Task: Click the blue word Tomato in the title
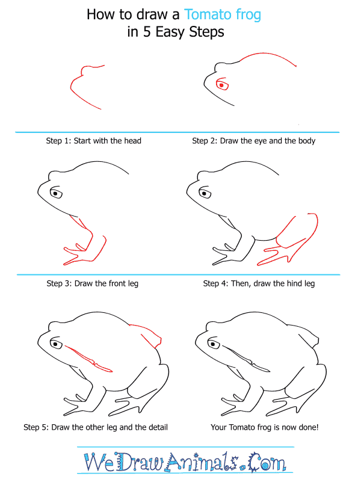click(x=208, y=14)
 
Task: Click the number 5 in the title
click(x=147, y=32)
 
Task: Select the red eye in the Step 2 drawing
click(x=222, y=84)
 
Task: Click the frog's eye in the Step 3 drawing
click(x=56, y=193)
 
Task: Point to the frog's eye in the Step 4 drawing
click(x=205, y=193)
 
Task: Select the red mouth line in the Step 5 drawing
click(x=88, y=359)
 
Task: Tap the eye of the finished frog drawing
click(x=214, y=343)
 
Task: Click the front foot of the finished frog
click(x=233, y=405)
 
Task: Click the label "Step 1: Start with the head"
click(x=94, y=141)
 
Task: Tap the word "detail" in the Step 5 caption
click(x=158, y=427)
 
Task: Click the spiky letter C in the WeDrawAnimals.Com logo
click(x=256, y=462)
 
